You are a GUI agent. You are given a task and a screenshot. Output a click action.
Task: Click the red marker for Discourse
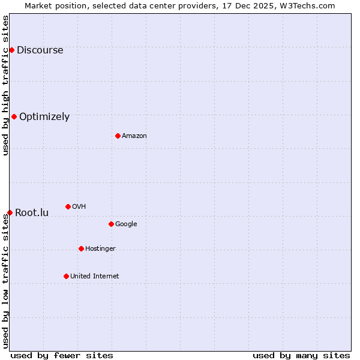(11, 50)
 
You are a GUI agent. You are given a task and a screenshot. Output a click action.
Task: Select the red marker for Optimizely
(14, 116)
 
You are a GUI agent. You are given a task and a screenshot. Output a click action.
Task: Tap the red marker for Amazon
(118, 136)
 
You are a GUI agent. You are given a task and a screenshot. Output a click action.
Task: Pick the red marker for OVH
(68, 206)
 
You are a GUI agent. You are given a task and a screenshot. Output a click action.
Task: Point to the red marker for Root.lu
(10, 212)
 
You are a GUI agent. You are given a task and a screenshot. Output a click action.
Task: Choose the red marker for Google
(111, 224)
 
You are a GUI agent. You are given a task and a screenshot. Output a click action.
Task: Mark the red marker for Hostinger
(81, 248)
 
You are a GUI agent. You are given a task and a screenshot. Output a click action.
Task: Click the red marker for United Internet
(66, 276)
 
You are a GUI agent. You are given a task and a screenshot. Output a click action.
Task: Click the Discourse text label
(40, 50)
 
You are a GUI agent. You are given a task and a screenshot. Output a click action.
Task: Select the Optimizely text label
(44, 117)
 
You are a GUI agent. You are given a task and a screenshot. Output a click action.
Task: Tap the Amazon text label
(134, 136)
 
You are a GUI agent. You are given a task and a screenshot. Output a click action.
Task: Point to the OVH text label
(79, 207)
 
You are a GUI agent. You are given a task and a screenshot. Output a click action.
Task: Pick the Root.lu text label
(32, 213)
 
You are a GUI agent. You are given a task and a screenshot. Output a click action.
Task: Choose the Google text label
(126, 224)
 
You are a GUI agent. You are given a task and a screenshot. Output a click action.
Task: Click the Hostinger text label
(100, 249)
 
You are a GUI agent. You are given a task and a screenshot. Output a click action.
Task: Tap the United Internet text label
(94, 277)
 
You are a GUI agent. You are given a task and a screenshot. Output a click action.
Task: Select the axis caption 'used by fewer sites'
(62, 355)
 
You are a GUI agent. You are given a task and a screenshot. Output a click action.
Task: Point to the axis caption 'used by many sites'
(301, 355)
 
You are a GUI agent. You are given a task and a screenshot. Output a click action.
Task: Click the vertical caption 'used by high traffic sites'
(5, 85)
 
